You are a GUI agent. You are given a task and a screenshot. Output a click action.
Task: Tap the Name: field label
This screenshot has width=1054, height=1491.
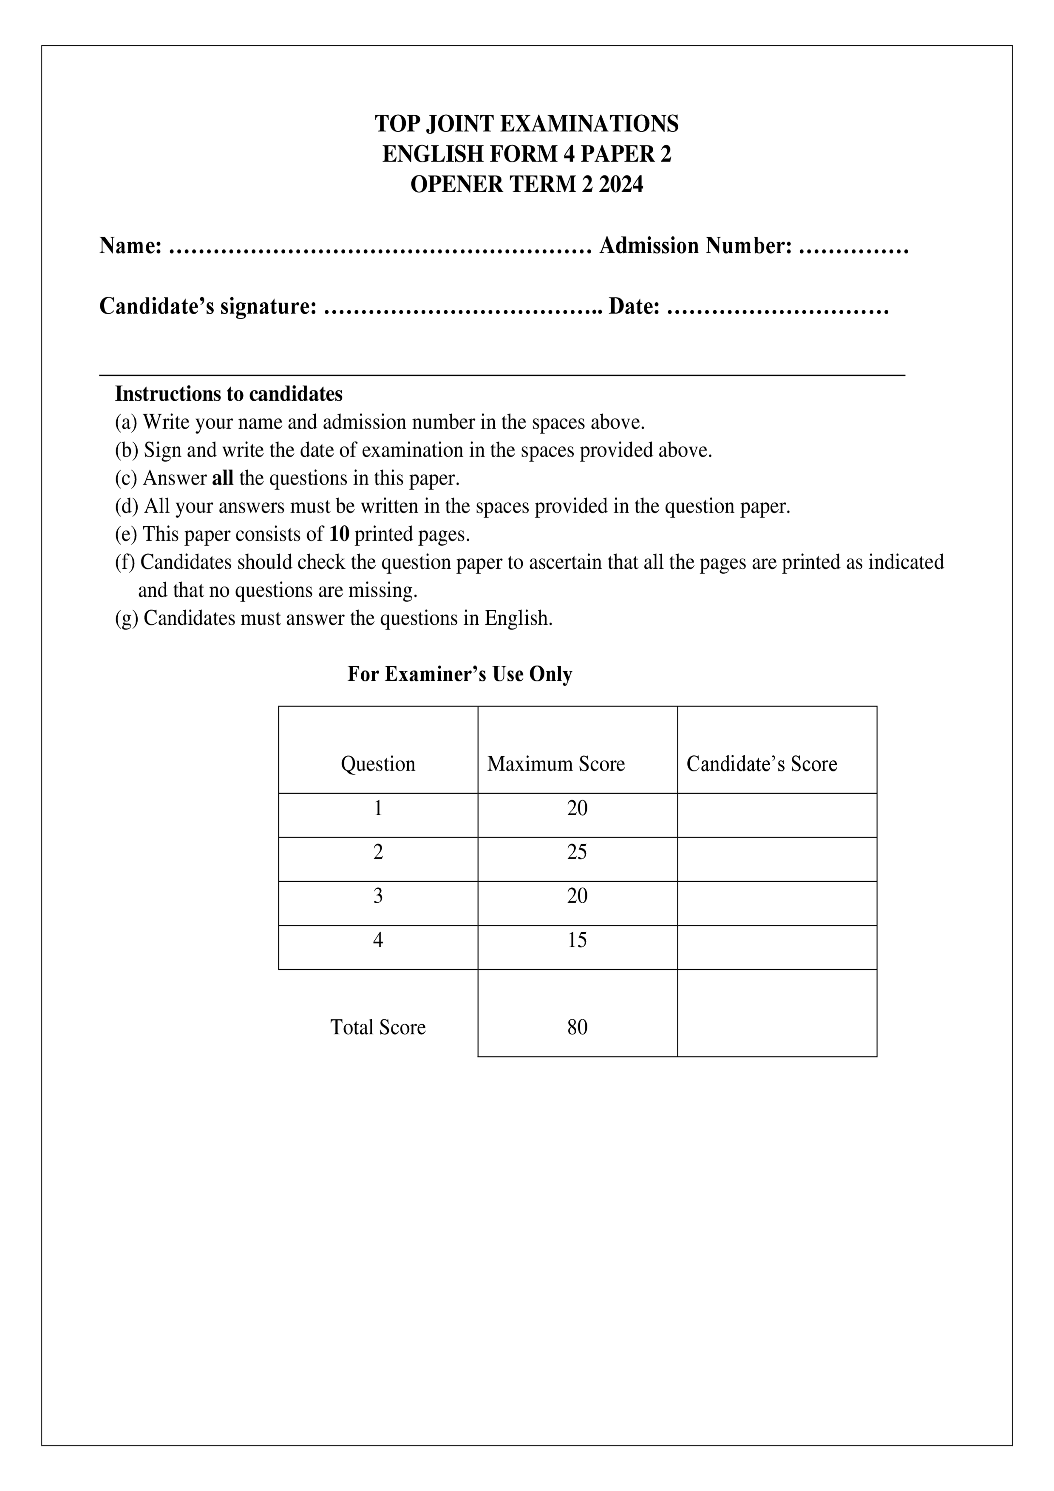coord(130,246)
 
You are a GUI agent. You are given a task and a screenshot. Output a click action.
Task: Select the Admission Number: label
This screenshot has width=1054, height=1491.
coord(695,246)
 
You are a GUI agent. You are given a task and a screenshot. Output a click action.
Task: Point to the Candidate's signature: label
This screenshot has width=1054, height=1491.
coord(208,306)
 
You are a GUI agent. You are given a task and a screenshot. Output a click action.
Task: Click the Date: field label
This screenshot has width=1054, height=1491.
coord(634,306)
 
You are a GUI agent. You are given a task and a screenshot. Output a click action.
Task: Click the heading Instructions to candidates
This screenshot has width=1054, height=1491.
coord(229,394)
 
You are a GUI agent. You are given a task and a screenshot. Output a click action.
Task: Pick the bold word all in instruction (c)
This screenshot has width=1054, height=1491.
coord(222,478)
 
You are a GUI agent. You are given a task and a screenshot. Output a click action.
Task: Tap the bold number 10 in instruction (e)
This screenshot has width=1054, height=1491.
coord(339,534)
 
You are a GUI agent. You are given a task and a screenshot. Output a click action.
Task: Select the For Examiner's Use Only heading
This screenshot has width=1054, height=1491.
coord(460,674)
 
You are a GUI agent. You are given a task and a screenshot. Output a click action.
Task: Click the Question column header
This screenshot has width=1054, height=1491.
coord(378,764)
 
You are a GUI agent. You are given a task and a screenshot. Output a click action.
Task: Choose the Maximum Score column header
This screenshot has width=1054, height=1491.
coord(556,764)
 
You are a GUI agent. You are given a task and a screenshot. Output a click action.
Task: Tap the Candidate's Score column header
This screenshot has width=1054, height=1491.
coord(761,764)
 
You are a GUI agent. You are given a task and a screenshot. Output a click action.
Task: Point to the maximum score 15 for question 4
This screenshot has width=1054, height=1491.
coord(577,940)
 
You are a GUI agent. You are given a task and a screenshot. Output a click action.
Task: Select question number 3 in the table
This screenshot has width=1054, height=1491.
coord(378,896)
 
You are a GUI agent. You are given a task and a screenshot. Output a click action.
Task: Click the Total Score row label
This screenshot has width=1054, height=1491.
coord(378,1027)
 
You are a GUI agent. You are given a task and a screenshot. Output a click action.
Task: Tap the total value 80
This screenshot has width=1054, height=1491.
coord(577,1027)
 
